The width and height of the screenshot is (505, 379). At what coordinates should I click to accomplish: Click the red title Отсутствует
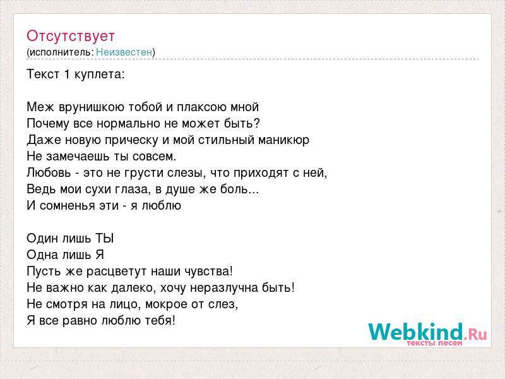[71, 36]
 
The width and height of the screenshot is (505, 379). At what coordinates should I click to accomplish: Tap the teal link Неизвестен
[124, 52]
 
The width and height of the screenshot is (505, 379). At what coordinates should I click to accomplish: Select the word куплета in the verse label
[100, 75]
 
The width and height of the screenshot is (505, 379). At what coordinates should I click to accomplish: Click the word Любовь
[49, 172]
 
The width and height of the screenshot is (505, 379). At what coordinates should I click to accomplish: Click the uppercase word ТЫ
[105, 239]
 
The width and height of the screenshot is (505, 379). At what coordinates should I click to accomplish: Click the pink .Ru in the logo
[475, 334]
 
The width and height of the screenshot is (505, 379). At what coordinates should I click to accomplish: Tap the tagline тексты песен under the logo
[434, 343]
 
